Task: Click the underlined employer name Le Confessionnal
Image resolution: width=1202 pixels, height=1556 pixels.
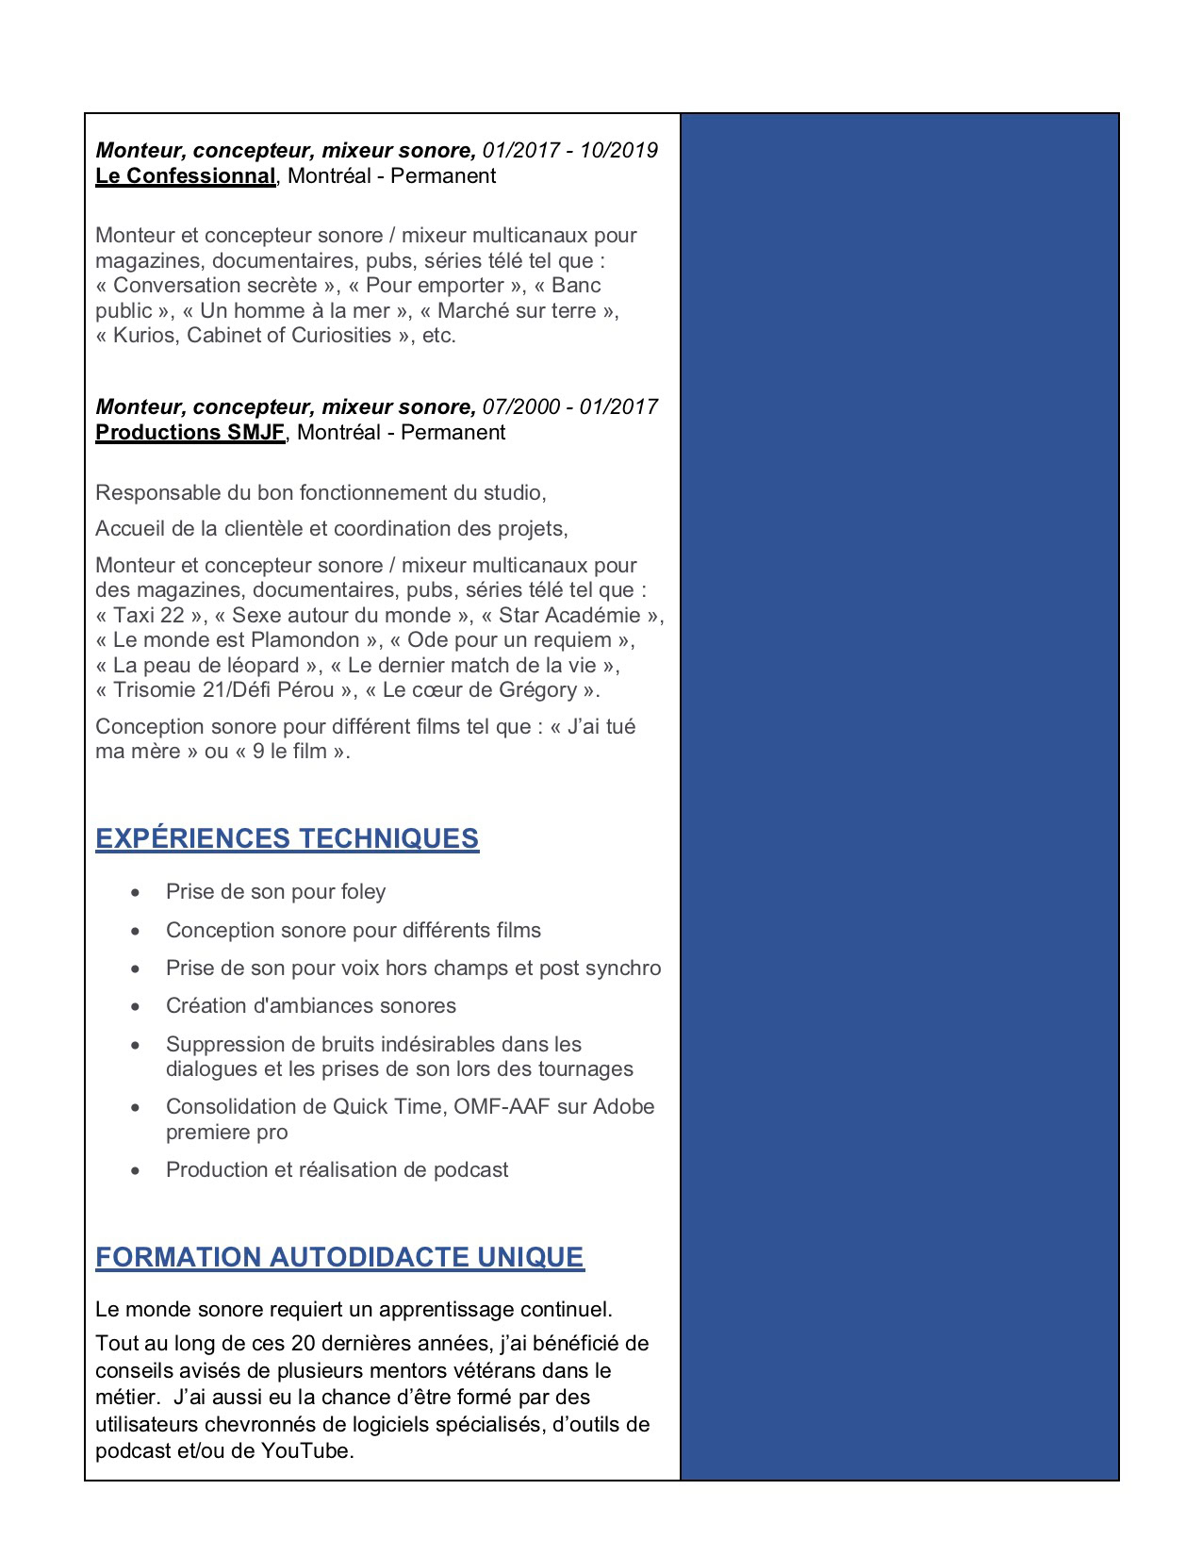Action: pyautogui.click(x=185, y=176)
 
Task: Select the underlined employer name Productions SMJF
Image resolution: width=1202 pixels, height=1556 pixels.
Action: pyautogui.click(x=189, y=433)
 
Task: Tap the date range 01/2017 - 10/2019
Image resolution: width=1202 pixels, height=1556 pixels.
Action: pyautogui.click(x=569, y=151)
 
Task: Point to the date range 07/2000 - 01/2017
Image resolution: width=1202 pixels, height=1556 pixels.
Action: pyautogui.click(x=569, y=407)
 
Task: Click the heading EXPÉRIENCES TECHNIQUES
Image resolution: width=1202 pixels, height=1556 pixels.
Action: pyautogui.click(x=287, y=838)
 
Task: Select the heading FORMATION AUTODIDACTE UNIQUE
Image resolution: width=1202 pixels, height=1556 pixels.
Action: pyautogui.click(x=339, y=1257)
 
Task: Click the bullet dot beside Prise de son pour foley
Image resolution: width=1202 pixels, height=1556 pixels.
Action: pyautogui.click(x=137, y=892)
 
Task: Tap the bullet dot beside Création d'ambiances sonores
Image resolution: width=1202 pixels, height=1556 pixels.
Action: pyautogui.click(x=137, y=1006)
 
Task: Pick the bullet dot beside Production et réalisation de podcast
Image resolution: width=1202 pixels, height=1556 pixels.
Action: pyautogui.click(x=137, y=1170)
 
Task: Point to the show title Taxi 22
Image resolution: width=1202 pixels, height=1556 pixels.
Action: pyautogui.click(x=148, y=616)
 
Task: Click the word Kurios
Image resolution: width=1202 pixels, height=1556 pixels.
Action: pyautogui.click(x=143, y=336)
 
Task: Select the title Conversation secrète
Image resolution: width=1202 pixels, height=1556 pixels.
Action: pyautogui.click(x=215, y=286)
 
